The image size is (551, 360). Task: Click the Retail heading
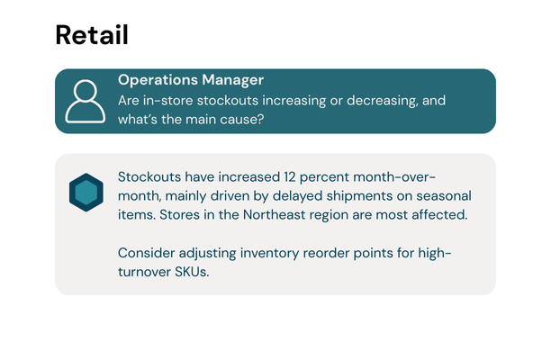(91, 35)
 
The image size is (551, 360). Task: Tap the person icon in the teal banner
(86, 101)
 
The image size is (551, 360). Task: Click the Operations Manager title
(191, 80)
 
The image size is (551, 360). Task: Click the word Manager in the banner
(231, 80)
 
